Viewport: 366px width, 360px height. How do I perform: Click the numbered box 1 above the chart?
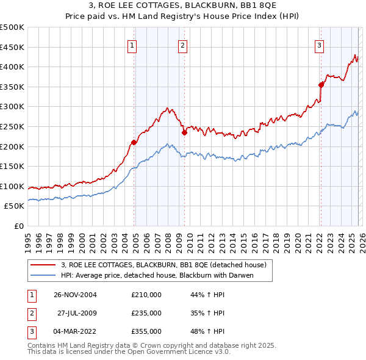pos(132,44)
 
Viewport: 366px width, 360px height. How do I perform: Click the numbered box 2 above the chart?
pos(182,44)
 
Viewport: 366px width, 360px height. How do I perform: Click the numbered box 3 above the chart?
pos(319,44)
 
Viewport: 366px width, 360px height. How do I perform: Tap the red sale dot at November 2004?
pos(134,142)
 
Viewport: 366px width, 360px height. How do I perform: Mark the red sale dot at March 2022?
pos(320,85)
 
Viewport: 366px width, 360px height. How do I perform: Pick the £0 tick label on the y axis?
pos(18,226)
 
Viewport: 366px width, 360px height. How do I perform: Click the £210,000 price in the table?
pos(146,295)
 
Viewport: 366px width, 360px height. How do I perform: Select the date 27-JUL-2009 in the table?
pos(77,313)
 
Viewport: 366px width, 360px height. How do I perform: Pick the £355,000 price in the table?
pos(146,331)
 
